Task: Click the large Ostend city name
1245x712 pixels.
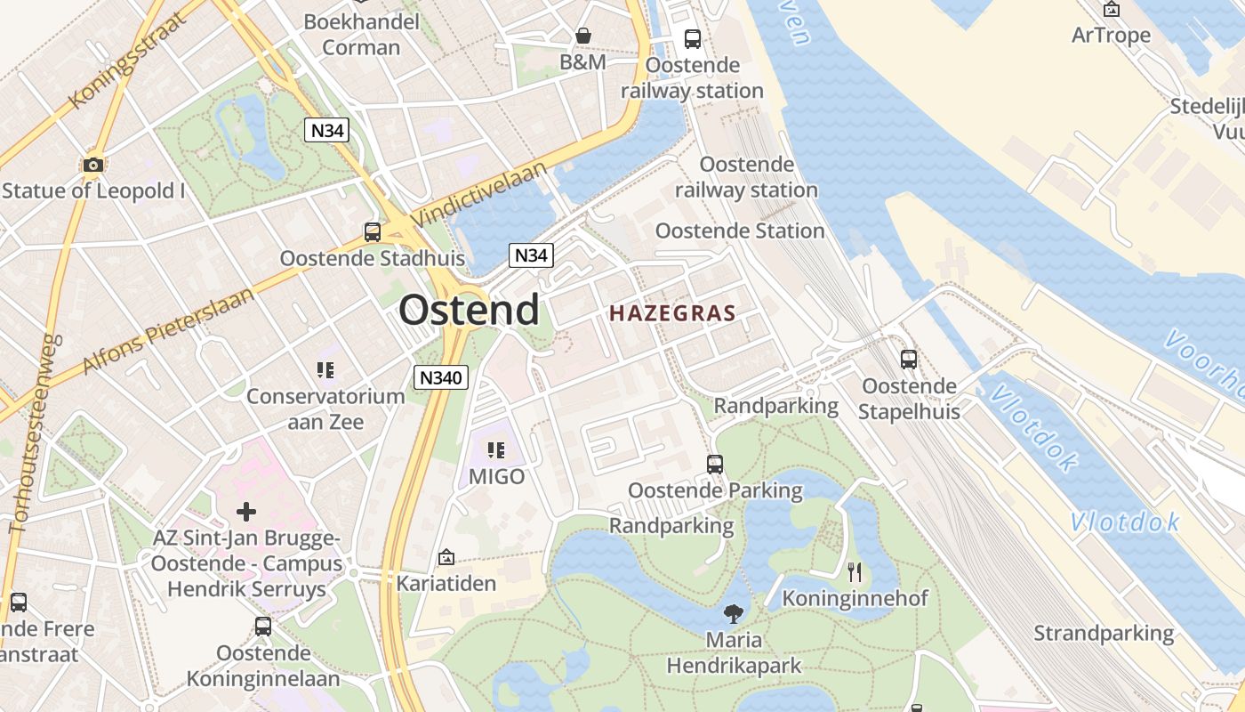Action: (x=469, y=310)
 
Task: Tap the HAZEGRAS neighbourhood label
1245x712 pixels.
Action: (x=672, y=313)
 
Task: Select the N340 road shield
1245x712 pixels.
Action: (x=441, y=377)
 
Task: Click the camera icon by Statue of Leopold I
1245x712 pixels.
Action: (x=92, y=165)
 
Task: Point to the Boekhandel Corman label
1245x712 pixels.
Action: (x=361, y=34)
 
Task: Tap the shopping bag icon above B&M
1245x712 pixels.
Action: (x=583, y=36)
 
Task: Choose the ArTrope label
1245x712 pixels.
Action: (x=1111, y=36)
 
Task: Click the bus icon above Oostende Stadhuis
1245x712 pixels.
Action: (x=373, y=232)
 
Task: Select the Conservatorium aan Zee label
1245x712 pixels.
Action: (x=325, y=409)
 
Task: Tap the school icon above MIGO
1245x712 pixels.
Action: (x=496, y=450)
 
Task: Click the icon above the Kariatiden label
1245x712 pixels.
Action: (x=446, y=558)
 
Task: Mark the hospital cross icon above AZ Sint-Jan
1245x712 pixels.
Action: (x=246, y=512)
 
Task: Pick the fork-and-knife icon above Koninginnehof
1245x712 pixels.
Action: (x=855, y=571)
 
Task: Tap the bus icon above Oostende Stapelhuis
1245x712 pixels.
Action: (x=909, y=360)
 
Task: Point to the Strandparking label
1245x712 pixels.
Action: (x=1104, y=634)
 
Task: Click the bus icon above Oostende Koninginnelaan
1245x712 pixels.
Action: (x=263, y=626)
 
